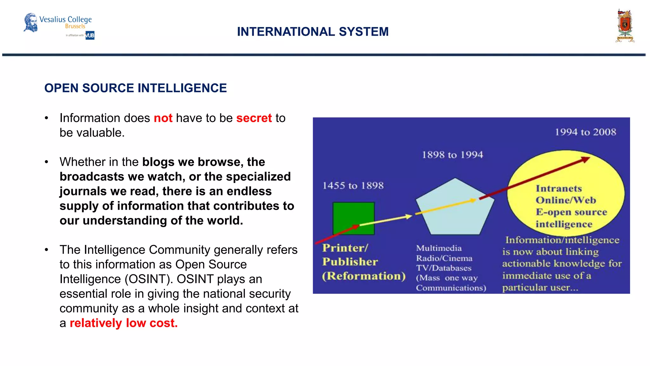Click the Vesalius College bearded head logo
(x=31, y=23)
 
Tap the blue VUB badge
(x=90, y=35)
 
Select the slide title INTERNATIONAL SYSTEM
(x=313, y=32)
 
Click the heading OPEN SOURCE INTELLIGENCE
(x=136, y=88)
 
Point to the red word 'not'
(x=163, y=118)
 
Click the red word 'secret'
(x=254, y=118)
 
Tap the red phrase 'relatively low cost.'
(x=123, y=323)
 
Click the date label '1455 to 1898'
(x=353, y=186)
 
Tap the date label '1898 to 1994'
(x=452, y=155)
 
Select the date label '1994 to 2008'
(x=585, y=132)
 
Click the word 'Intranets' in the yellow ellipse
(x=559, y=189)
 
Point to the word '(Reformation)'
(x=363, y=276)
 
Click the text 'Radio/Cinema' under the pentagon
(x=444, y=258)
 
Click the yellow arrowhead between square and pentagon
(x=409, y=216)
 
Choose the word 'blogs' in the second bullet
(x=158, y=162)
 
